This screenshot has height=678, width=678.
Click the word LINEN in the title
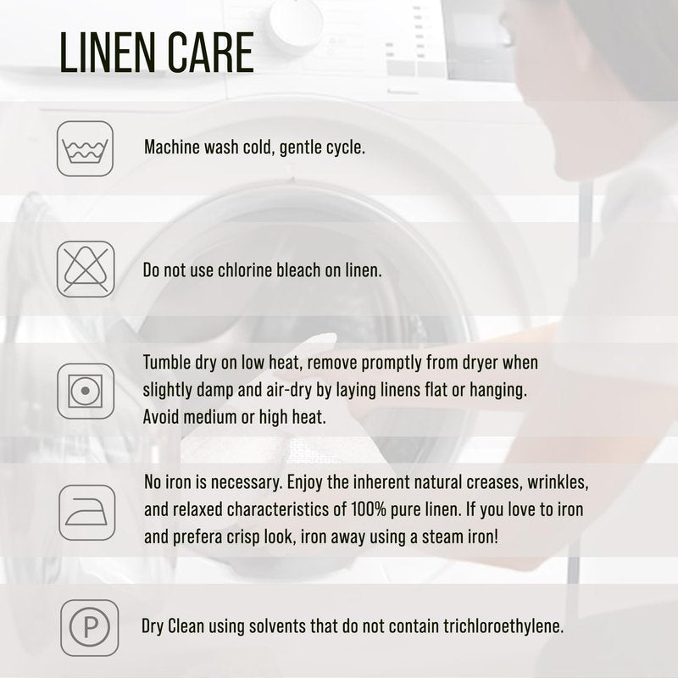(108, 53)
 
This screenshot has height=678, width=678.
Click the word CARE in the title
(210, 53)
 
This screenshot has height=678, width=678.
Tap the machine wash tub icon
(86, 148)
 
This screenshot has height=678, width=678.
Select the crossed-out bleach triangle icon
(86, 269)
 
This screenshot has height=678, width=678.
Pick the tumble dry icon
(86, 391)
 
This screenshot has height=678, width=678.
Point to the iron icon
(87, 513)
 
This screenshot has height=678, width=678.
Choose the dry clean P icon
(90, 627)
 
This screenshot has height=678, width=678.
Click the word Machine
(172, 147)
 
